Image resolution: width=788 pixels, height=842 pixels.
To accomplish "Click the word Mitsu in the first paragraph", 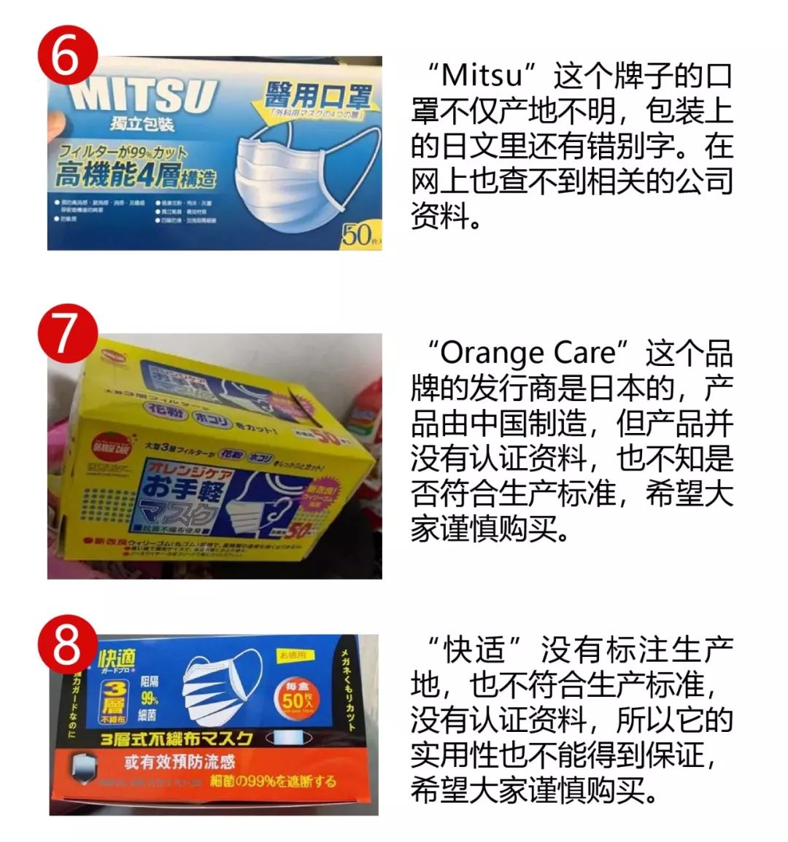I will [x=483, y=75].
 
